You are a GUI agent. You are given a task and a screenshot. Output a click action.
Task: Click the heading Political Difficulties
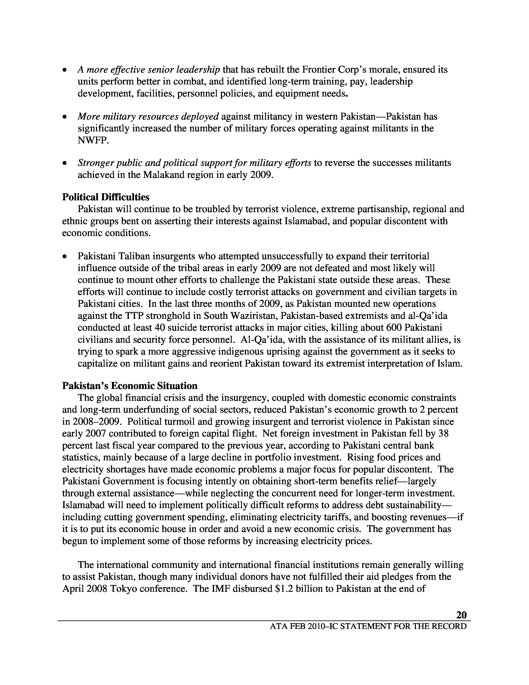(106, 197)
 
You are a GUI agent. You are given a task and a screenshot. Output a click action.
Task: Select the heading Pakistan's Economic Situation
(130, 385)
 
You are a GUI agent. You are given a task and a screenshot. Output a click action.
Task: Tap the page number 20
(461, 615)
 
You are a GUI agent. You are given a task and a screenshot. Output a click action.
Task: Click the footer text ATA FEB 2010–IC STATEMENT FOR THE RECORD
(368, 626)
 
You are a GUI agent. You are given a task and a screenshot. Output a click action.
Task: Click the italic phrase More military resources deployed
(148, 117)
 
